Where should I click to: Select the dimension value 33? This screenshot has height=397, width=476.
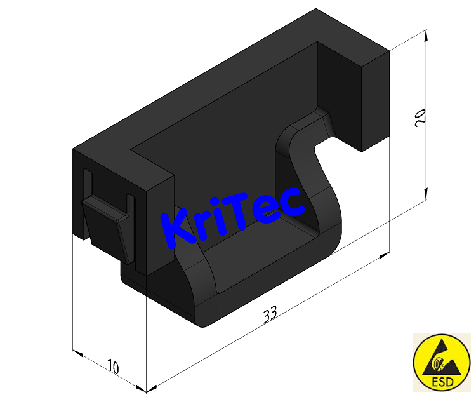(270, 314)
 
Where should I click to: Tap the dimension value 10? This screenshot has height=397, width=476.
(113, 367)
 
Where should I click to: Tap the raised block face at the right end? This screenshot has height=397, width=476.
(374, 102)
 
